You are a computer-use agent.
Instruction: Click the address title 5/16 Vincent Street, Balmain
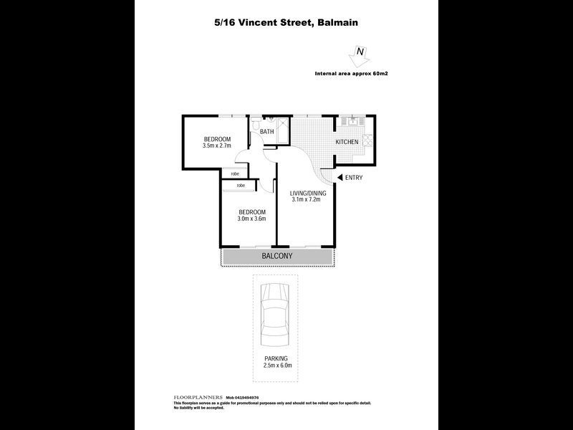pyautogui.click(x=286, y=22)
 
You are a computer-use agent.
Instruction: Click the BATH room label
pyautogui.click(x=266, y=132)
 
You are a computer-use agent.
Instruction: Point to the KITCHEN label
pyautogui.click(x=347, y=142)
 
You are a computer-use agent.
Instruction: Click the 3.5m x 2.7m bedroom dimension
pyautogui.click(x=216, y=146)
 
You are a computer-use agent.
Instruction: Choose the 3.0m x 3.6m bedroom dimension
pyautogui.click(x=251, y=219)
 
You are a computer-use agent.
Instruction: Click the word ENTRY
pyautogui.click(x=355, y=178)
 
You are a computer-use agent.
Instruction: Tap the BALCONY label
pyautogui.click(x=277, y=256)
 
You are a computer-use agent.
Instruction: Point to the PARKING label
pyautogui.click(x=276, y=358)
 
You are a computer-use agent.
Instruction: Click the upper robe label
pyautogui.click(x=235, y=173)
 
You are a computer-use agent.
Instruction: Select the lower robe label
pyautogui.click(x=240, y=186)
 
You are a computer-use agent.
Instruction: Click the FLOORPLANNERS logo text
pyautogui.click(x=198, y=397)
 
